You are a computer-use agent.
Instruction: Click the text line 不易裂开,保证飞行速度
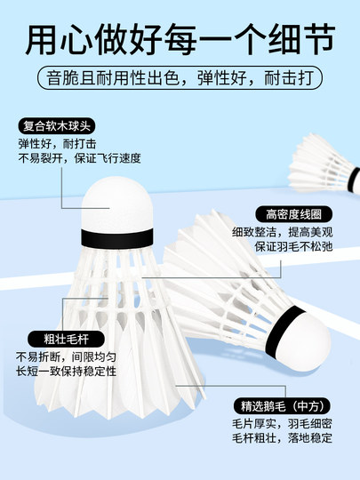click(x=79, y=160)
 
